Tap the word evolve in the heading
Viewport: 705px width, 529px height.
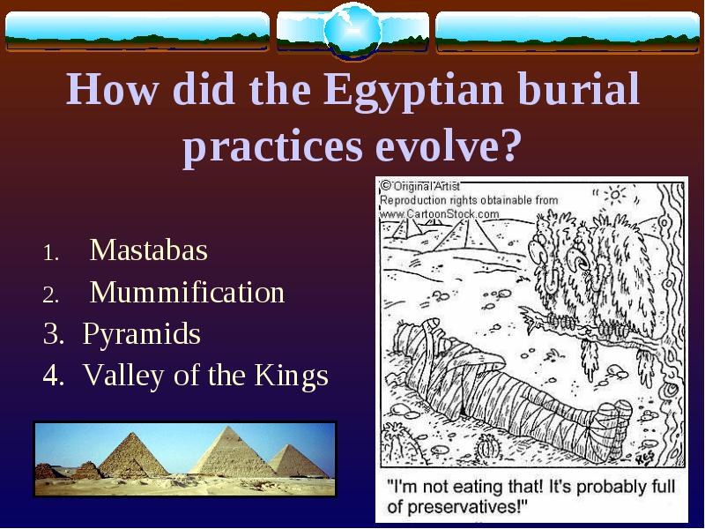pyautogui.click(x=446, y=146)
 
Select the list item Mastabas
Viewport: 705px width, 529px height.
pyautogui.click(x=149, y=250)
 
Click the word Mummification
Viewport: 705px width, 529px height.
pyautogui.click(x=187, y=292)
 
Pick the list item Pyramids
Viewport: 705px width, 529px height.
pyautogui.click(x=142, y=334)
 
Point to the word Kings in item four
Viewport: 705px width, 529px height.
pyautogui.click(x=292, y=376)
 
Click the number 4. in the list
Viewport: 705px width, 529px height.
pyautogui.click(x=54, y=376)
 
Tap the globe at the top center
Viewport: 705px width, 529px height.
pyautogui.click(x=353, y=30)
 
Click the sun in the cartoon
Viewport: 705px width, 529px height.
pyautogui.click(x=614, y=194)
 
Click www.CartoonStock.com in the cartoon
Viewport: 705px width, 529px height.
pyautogui.click(x=439, y=213)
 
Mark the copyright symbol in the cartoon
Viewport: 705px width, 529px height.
pyautogui.click(x=386, y=185)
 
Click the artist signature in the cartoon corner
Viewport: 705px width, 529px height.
pyautogui.click(x=647, y=458)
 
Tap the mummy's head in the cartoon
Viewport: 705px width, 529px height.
pyautogui.click(x=432, y=331)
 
